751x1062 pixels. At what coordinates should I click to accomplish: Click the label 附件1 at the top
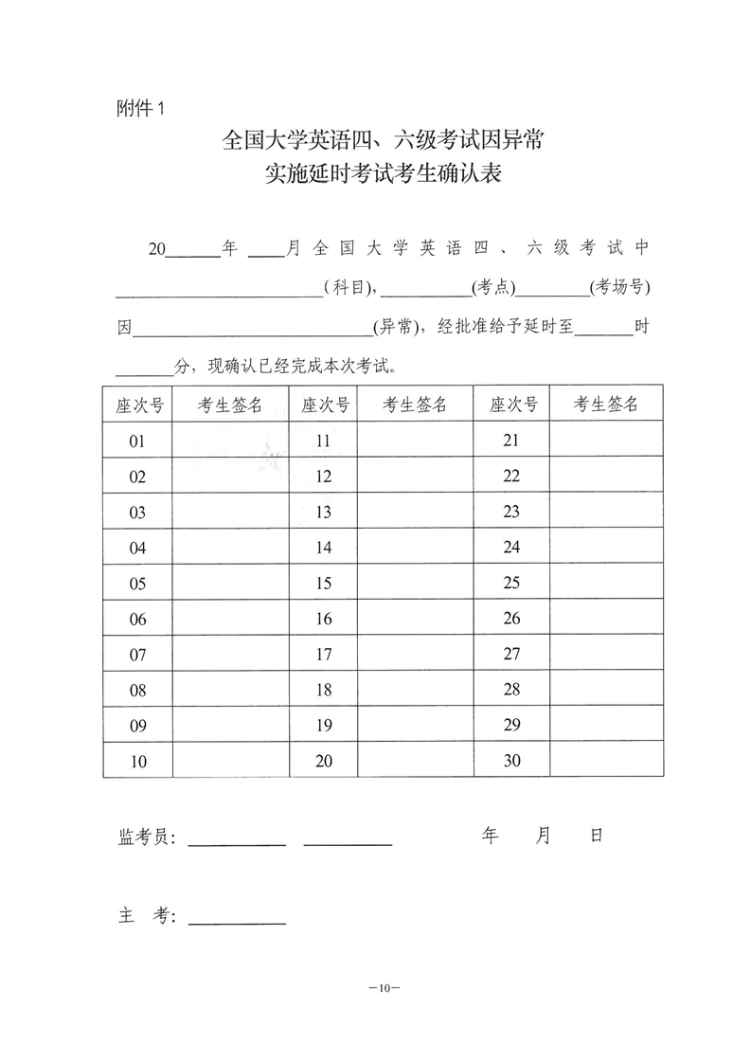coord(139,108)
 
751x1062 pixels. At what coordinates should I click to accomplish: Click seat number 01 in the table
coord(137,441)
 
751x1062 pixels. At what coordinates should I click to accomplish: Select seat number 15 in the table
coord(324,583)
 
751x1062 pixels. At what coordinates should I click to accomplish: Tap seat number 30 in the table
coord(511,760)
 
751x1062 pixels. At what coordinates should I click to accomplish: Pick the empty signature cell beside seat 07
coord(230,654)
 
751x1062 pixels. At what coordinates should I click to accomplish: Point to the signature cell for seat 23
coord(605,512)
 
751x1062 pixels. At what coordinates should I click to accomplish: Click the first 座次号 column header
coord(137,405)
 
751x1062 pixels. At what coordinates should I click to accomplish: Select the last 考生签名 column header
coord(605,405)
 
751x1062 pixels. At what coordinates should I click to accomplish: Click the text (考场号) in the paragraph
coord(619,286)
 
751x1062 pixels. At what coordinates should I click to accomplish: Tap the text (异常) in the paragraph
coord(398,328)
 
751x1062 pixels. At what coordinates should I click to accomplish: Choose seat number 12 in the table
coord(324,477)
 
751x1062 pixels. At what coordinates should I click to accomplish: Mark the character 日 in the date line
coord(596,835)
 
